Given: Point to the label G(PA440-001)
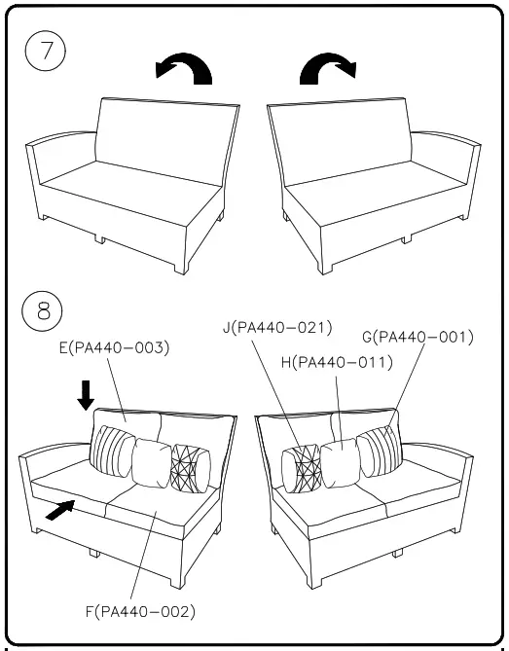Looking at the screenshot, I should tap(418, 338).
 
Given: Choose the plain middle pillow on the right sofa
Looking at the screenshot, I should tap(340, 460).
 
